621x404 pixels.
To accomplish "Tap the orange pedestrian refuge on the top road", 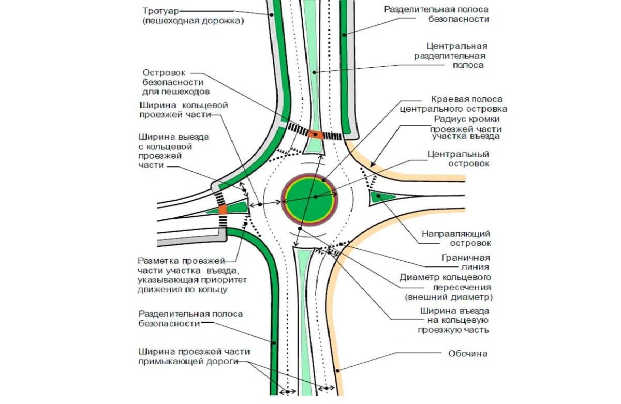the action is (x=315, y=134).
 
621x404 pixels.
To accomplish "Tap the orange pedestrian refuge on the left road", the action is (x=223, y=210).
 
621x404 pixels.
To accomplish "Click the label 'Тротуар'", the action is (x=160, y=11).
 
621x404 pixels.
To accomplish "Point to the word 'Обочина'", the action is (x=468, y=354).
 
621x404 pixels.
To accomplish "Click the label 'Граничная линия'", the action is (x=466, y=262).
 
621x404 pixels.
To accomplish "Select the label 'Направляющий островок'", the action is (x=456, y=238).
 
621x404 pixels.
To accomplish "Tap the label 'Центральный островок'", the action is (x=459, y=159).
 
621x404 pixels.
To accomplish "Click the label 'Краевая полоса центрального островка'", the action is (x=453, y=104).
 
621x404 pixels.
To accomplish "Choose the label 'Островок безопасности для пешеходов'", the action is (x=176, y=82).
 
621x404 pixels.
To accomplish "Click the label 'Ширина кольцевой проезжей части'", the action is (x=183, y=110).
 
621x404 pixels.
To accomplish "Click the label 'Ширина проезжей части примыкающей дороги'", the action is (x=195, y=356).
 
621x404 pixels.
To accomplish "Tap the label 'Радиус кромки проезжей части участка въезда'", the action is (x=466, y=127).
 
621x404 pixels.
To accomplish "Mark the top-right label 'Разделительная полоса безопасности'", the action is (x=436, y=14).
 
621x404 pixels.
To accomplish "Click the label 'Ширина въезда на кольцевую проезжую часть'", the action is (x=453, y=321).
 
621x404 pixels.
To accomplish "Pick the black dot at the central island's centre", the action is (x=316, y=197).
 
